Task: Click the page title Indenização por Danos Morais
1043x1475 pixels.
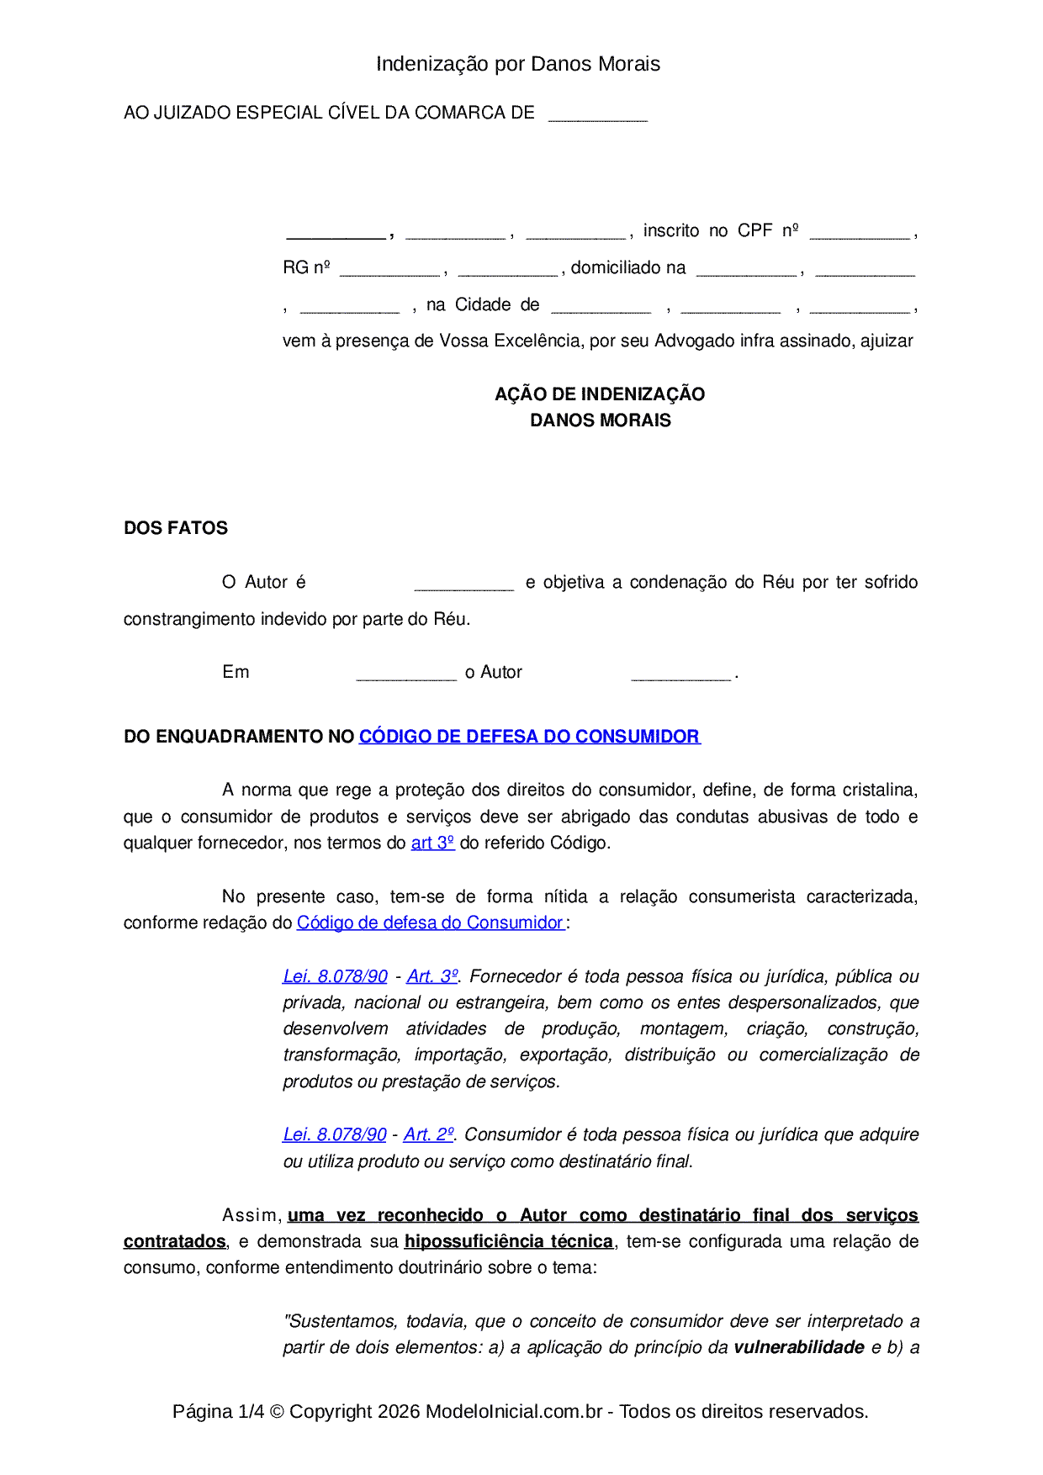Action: pos(517,64)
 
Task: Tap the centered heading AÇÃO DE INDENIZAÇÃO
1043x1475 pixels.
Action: pos(600,394)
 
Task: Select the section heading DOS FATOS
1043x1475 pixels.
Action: pos(176,528)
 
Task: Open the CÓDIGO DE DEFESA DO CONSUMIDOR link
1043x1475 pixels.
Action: pos(529,737)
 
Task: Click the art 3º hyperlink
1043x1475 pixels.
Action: pos(432,843)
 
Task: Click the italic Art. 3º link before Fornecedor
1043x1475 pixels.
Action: pos(432,976)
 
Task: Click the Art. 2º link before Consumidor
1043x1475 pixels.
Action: pos(429,1134)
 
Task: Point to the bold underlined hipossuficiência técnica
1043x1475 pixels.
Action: pos(508,1241)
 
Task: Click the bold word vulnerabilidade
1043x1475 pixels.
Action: pos(799,1347)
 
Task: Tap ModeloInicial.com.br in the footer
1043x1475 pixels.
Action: pos(514,1411)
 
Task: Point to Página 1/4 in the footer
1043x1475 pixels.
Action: pos(218,1411)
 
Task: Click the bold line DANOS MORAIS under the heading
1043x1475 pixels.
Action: pos(600,420)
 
